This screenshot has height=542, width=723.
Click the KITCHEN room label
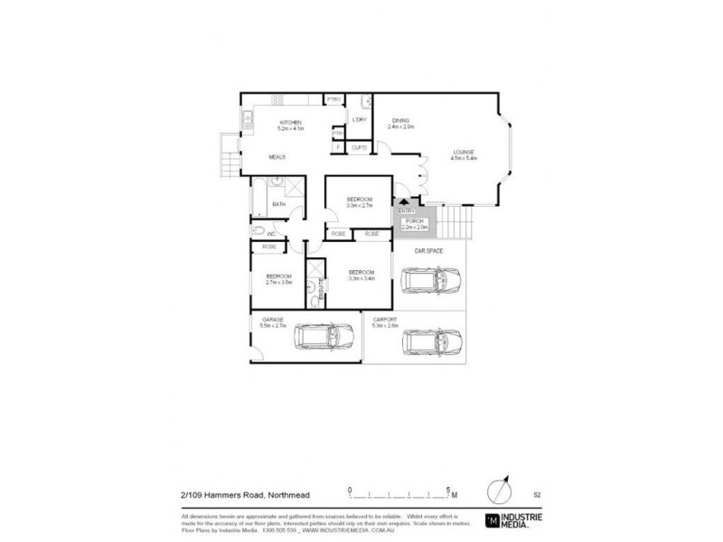tap(289, 122)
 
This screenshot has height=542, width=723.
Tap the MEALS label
tap(277, 157)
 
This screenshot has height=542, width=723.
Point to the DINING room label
tap(400, 120)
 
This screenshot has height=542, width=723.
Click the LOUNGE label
tap(463, 152)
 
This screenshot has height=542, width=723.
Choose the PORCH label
tap(413, 221)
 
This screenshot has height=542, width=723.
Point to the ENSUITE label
tap(322, 288)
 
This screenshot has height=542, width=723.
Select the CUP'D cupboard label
tap(358, 147)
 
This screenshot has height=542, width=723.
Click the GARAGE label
tap(274, 320)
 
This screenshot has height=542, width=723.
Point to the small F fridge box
tap(338, 147)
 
